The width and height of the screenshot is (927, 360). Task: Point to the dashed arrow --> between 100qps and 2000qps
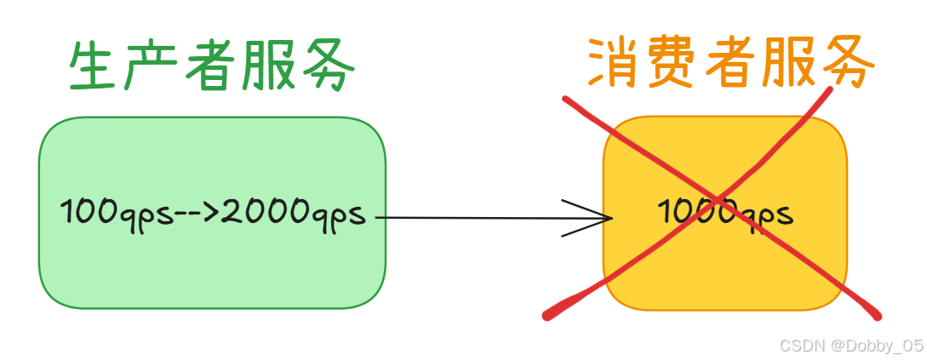coord(197,212)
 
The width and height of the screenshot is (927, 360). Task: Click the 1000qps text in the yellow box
coord(725,212)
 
